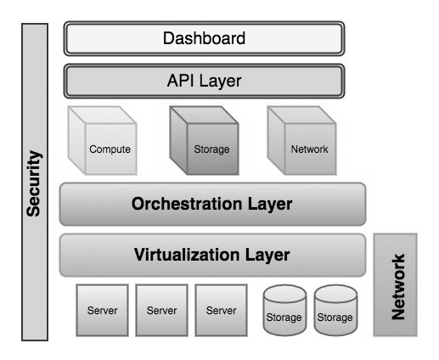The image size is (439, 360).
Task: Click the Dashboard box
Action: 204,38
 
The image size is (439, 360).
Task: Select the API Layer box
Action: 204,81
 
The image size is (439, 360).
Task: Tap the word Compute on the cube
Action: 110,149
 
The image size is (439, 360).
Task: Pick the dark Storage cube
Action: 204,140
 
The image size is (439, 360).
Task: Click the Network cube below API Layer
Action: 301,140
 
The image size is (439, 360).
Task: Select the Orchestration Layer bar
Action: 212,204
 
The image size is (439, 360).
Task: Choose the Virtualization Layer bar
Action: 212,255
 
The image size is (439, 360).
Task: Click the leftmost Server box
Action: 102,310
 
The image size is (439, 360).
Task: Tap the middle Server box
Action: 161,310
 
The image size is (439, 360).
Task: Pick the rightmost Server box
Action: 221,310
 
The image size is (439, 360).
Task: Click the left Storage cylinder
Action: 284,310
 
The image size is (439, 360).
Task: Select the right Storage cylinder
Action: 335,310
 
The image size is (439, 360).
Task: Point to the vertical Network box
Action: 395,284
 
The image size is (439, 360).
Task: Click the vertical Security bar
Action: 35,182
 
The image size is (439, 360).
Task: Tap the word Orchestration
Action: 187,204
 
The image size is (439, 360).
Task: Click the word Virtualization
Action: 188,255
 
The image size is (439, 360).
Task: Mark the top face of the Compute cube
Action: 103,115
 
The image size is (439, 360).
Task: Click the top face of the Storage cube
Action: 204,115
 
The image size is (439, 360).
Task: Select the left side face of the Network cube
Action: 276,140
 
